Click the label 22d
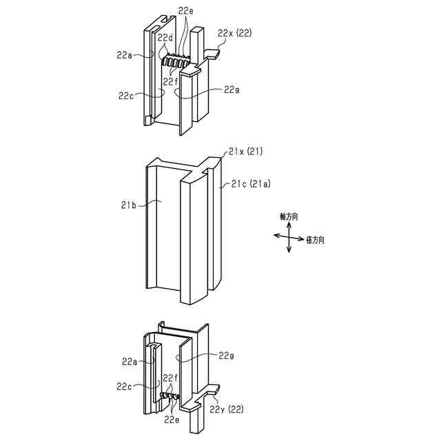coord(165,37)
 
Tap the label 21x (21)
coord(245,151)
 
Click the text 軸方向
coord(289,216)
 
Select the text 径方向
coord(316,240)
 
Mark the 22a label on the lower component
coord(130,361)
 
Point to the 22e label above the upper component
coord(186,11)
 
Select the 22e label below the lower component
coord(172,420)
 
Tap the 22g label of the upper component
coord(232,90)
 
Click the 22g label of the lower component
coord(227,356)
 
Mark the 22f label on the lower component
coord(171,378)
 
